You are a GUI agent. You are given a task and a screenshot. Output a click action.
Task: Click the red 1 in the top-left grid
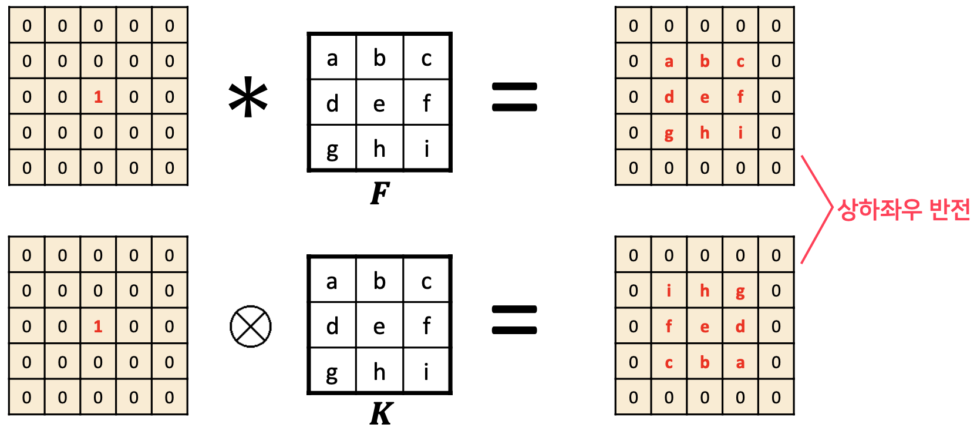[x=98, y=97]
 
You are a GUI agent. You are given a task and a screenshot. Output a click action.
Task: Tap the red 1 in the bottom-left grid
[x=98, y=326]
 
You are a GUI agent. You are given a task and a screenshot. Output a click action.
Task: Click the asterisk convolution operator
[x=248, y=97]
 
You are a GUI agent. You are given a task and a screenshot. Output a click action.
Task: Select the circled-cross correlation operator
[x=251, y=326]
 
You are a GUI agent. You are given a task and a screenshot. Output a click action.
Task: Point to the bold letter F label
[x=380, y=193]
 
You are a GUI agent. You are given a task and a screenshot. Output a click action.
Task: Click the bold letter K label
[x=381, y=414]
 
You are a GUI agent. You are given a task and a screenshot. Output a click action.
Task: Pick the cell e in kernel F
[x=379, y=104]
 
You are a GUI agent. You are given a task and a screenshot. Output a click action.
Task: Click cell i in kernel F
[x=426, y=149]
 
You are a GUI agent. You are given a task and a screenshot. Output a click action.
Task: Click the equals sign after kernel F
[x=514, y=97]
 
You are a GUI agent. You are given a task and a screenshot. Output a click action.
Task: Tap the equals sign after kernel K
[x=514, y=320]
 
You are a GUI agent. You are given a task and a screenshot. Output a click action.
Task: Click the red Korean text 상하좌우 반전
[x=903, y=210]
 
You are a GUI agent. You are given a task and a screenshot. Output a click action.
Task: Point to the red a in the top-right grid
[x=669, y=62]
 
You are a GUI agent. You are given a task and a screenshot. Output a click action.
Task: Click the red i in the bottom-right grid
[x=669, y=291]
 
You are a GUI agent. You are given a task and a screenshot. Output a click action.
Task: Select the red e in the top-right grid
[x=705, y=97]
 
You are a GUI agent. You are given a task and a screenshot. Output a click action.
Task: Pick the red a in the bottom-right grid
[x=740, y=363]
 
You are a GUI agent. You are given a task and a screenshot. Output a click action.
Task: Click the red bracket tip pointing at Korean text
[x=832, y=207]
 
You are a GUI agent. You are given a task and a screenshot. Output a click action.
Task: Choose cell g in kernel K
[x=332, y=372]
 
